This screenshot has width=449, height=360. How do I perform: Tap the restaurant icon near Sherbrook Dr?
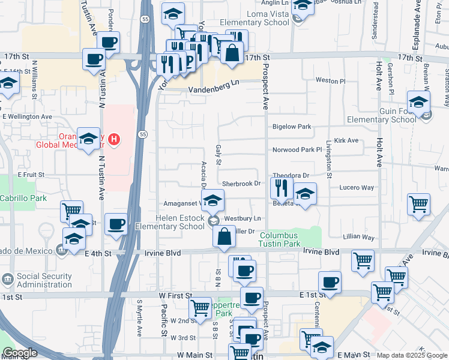(x=281, y=188)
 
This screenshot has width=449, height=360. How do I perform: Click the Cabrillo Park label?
(x=23, y=197)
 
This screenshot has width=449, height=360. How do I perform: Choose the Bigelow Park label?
(x=292, y=127)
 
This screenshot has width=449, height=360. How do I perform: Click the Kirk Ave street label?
(x=346, y=140)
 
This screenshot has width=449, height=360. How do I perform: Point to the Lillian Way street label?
(x=359, y=238)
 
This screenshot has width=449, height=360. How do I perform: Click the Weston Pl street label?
(x=331, y=80)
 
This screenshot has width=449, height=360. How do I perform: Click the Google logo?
(x=20, y=353)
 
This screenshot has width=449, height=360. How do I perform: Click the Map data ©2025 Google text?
(x=411, y=355)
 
